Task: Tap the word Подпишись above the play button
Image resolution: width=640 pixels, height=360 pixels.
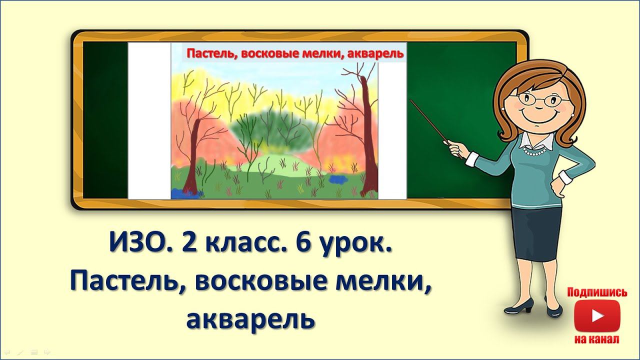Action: click(x=597, y=292)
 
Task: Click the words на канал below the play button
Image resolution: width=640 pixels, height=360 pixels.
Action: click(x=597, y=339)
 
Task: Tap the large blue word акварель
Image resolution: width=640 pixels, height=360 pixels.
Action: click(x=250, y=319)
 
